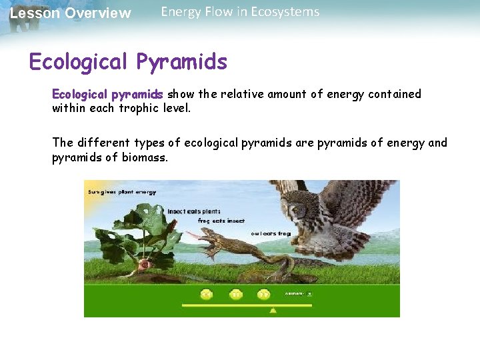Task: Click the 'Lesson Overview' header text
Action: point(70,13)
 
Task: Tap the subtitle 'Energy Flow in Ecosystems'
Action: point(240,12)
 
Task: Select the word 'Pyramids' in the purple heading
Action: point(181,62)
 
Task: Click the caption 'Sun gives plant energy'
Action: point(122,192)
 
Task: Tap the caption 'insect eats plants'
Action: point(193,211)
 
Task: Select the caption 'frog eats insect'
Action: point(221,221)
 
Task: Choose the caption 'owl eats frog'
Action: point(271,233)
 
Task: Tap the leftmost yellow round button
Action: point(207,294)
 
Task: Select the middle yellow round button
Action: point(235,294)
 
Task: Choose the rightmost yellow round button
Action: point(263,294)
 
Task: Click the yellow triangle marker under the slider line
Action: point(273,310)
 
